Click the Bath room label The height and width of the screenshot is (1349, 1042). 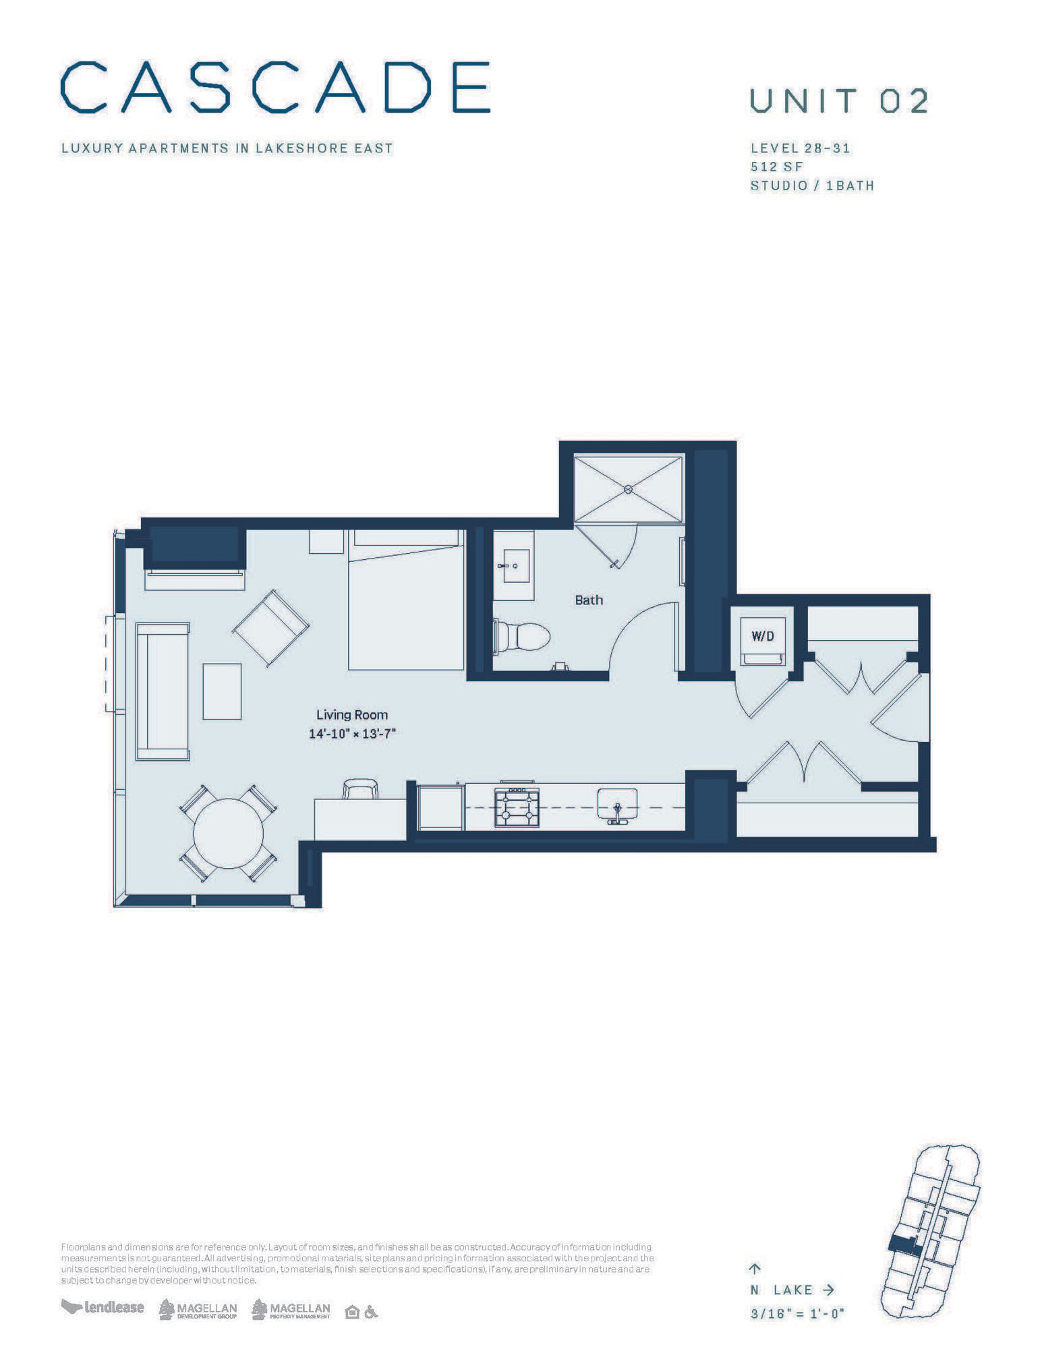coord(588,600)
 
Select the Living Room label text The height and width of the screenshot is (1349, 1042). coord(352,715)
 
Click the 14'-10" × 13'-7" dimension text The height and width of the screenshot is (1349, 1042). coord(351,734)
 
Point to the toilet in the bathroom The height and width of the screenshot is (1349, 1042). coord(526,637)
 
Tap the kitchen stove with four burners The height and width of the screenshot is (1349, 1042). coord(517,807)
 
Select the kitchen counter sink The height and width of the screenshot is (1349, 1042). coord(616,805)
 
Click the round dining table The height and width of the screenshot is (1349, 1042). coord(228,833)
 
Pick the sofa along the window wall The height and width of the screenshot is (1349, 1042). coord(163,691)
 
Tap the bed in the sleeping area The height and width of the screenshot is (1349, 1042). coord(406,600)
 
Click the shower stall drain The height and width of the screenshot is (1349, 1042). coord(628,488)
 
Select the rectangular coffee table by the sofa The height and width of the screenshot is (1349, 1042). coord(222,691)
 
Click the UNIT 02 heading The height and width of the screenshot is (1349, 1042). coord(839,101)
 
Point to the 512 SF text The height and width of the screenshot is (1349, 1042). coord(776,167)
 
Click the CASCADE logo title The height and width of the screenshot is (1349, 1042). coord(275,87)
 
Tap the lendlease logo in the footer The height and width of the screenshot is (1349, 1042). coord(103,1307)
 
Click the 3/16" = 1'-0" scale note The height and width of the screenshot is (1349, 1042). coord(797,1313)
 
